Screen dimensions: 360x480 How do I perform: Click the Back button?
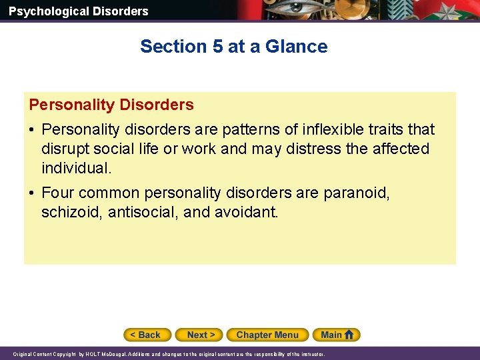click(147, 335)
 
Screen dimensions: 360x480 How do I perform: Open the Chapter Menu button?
click(267, 335)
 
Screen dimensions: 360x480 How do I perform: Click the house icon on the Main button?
click(349, 335)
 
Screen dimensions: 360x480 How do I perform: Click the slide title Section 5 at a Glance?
click(233, 47)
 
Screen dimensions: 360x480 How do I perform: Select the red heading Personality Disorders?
click(111, 105)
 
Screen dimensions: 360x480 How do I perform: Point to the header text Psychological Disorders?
click(78, 11)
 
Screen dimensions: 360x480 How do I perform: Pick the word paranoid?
click(356, 193)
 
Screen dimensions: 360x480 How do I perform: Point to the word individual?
click(75, 168)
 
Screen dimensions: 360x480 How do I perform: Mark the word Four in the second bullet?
click(58, 193)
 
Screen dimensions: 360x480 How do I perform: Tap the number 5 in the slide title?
click(217, 47)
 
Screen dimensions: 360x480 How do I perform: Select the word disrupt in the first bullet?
click(63, 149)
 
